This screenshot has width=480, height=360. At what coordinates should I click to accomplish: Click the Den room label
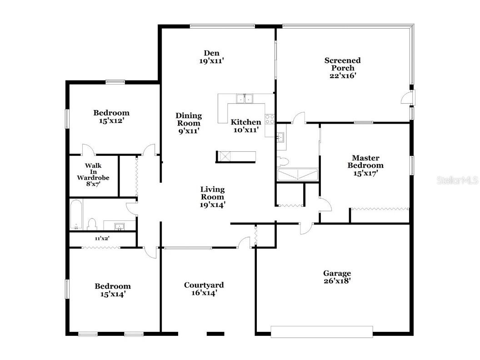click(x=211, y=53)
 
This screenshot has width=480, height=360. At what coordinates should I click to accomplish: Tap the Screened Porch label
click(x=342, y=64)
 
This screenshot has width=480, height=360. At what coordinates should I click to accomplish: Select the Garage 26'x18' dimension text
click(x=337, y=281)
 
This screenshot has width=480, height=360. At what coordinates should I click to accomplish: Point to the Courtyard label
click(x=204, y=285)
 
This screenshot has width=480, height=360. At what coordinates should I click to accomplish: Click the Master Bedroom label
click(x=365, y=161)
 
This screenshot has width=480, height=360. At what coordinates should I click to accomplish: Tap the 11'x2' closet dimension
click(x=102, y=238)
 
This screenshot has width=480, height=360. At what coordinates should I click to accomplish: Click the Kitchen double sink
click(x=245, y=98)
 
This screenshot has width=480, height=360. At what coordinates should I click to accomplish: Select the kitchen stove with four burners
click(x=270, y=119)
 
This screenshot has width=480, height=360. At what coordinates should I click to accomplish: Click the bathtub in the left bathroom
click(x=75, y=215)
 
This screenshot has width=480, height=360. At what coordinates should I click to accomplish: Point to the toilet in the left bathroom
click(x=92, y=224)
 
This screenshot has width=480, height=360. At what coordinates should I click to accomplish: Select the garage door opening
click(x=322, y=332)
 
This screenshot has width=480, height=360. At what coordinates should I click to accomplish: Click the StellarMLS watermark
click(x=457, y=180)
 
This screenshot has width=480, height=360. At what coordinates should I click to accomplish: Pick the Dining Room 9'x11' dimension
click(x=188, y=130)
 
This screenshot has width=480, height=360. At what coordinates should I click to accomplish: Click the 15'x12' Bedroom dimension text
click(x=111, y=121)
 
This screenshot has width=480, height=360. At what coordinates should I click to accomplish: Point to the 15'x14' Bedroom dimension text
click(x=112, y=294)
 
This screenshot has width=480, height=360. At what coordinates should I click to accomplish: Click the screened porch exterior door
click(x=407, y=98)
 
